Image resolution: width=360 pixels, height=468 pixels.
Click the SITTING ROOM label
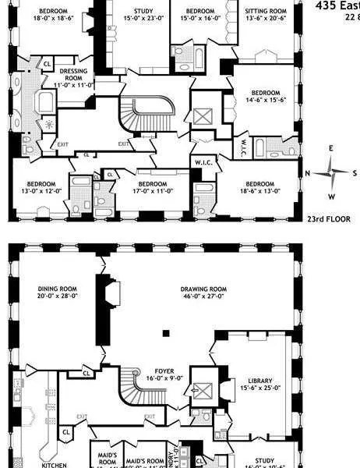265,12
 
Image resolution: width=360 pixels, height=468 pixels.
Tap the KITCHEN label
54,465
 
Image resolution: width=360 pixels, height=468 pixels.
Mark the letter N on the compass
308,173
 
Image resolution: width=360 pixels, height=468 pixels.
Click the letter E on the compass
330,148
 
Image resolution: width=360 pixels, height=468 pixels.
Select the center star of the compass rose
330,172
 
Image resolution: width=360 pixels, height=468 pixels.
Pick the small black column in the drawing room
165,333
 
